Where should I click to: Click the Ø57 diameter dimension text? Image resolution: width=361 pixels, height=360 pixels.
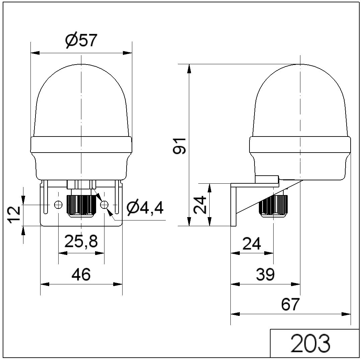click(x=81, y=41)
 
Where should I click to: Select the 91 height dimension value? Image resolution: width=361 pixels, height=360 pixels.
click(x=179, y=146)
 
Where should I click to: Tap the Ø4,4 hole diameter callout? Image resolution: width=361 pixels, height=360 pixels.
click(x=145, y=208)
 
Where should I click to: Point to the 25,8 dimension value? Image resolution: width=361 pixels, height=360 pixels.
click(x=81, y=241)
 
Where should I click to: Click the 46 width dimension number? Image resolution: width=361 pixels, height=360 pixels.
click(x=81, y=274)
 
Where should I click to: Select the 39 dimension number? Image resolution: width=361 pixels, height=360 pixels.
click(x=265, y=274)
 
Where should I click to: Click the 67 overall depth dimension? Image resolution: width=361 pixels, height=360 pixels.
click(x=290, y=304)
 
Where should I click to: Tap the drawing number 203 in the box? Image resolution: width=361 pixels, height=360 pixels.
click(x=310, y=344)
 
